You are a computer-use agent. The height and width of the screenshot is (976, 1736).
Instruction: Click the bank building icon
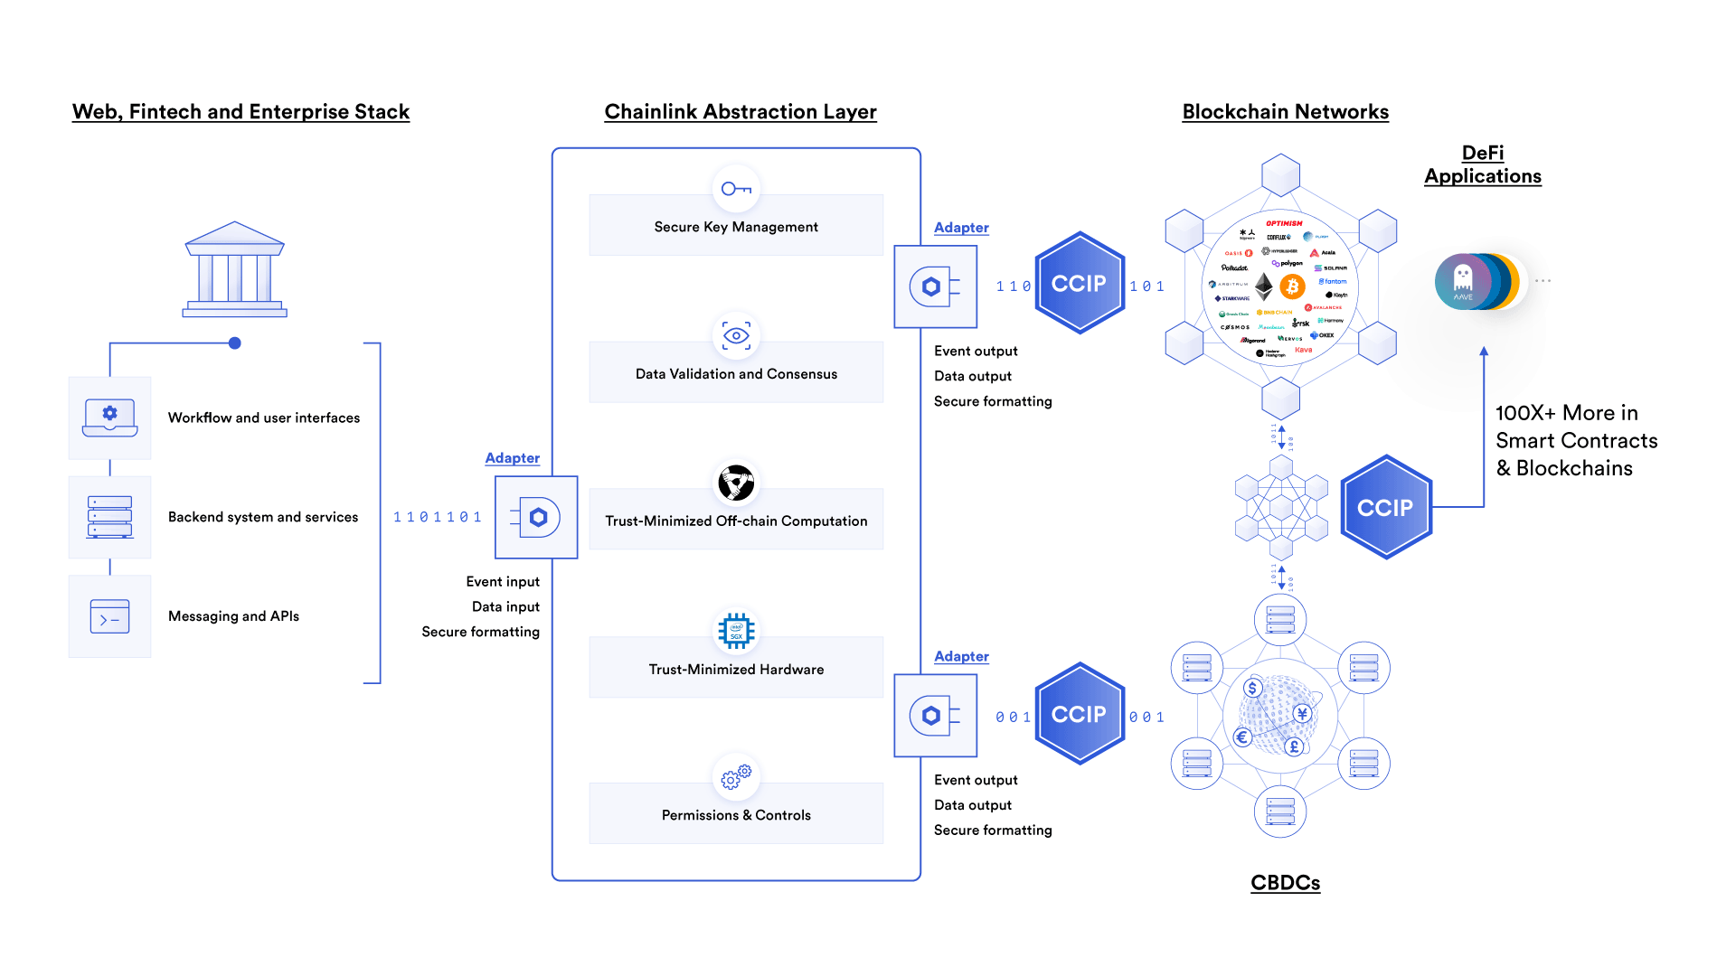tap(234, 269)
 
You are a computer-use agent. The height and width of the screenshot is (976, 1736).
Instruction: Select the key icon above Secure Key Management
tap(736, 189)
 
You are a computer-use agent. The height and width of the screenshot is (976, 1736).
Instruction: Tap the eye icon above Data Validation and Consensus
tap(736, 336)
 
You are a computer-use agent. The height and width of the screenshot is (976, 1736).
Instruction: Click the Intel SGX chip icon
tap(736, 631)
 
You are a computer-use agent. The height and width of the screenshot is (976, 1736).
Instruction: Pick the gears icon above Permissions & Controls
tap(736, 776)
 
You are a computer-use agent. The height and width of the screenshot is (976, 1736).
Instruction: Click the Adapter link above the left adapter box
tap(512, 458)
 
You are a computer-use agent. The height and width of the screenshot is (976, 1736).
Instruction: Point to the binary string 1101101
tap(438, 517)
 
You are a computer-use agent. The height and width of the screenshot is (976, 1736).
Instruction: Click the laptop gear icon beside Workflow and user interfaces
tap(109, 418)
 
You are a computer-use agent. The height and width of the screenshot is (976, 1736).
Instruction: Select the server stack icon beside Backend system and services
tap(109, 517)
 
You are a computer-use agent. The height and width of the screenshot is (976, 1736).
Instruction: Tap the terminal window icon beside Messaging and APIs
tap(109, 616)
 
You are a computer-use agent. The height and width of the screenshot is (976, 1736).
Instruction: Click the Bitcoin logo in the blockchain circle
tap(1293, 287)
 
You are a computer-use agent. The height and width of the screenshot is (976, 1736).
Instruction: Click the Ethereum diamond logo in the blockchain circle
tap(1264, 287)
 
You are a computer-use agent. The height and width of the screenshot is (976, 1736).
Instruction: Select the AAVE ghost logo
tap(1462, 282)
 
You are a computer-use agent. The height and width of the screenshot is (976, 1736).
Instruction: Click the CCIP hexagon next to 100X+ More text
tap(1385, 508)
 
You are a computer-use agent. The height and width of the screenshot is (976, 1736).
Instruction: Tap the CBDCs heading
tap(1285, 883)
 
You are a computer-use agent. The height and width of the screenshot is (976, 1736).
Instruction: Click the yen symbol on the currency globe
tap(1302, 714)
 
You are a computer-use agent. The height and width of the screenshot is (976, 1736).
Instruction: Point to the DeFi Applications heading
tap(1483, 164)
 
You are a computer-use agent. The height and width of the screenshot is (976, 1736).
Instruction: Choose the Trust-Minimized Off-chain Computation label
tap(736, 521)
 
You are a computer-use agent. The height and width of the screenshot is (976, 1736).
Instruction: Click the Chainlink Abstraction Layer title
tap(740, 112)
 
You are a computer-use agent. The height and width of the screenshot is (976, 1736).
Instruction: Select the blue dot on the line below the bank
tap(235, 343)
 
